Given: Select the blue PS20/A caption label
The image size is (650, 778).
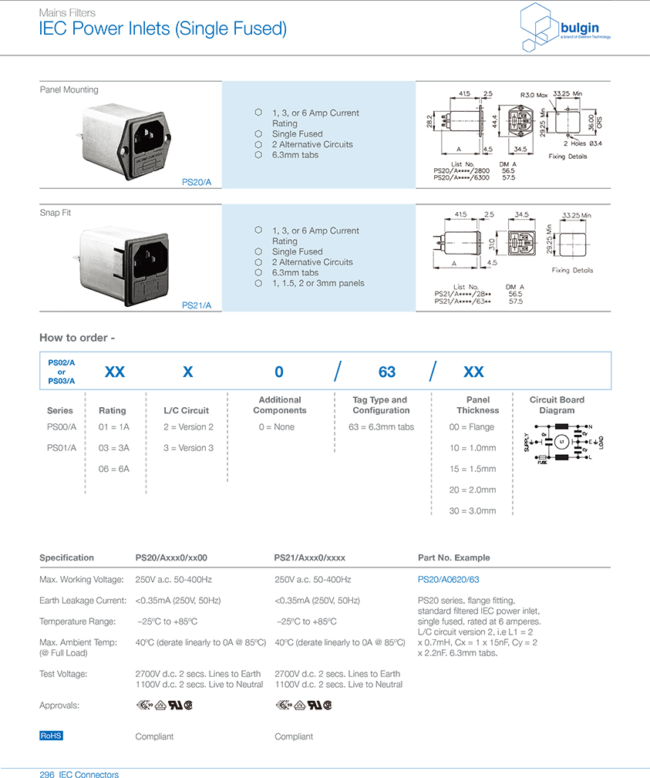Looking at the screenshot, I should tap(197, 183).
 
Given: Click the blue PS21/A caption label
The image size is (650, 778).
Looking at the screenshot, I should tap(197, 305).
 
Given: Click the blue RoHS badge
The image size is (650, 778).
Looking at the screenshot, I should tap(51, 736).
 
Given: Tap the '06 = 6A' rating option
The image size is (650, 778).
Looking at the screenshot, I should tap(113, 469).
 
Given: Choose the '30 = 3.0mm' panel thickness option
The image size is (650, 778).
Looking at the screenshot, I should tap(472, 510).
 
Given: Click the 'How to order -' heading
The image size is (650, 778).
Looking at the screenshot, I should tap(77, 338).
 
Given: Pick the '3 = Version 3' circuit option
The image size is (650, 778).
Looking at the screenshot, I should tap(188, 448).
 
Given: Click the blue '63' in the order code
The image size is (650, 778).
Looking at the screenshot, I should tap(387, 372).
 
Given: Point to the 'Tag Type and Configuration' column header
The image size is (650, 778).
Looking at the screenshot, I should tap(380, 405).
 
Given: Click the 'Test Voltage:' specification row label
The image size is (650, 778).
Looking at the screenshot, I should tap(63, 674).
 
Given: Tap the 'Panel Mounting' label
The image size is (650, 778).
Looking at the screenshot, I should tap(69, 90).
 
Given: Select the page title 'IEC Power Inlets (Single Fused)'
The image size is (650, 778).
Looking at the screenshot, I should tap(163, 30).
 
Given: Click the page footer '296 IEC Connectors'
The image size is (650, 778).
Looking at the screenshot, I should tap(79, 773).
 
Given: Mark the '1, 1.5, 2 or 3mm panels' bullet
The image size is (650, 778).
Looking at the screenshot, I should tap(318, 283).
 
